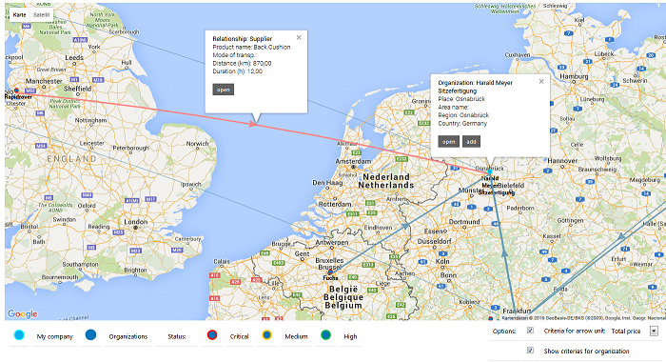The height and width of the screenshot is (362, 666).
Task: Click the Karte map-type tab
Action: tap(19, 16)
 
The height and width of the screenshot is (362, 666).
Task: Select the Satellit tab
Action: tap(42, 16)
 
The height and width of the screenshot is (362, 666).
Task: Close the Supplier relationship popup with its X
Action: tap(299, 38)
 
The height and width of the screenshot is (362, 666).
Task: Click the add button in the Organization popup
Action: tap(471, 141)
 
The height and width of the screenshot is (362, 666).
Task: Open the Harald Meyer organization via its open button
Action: tap(448, 141)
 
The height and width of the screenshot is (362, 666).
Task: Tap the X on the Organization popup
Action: tap(541, 82)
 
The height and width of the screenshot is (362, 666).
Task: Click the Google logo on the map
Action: tap(22, 313)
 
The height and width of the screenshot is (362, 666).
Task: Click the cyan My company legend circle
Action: tap(20, 335)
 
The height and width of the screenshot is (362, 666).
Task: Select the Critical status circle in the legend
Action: tap(214, 335)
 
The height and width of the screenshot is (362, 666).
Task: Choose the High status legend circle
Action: tap(325, 335)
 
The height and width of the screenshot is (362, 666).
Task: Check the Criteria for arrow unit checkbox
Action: tap(530, 331)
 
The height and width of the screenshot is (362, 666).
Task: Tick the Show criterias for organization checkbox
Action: tap(530, 351)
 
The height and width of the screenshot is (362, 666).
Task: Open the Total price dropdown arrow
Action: tap(654, 331)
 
